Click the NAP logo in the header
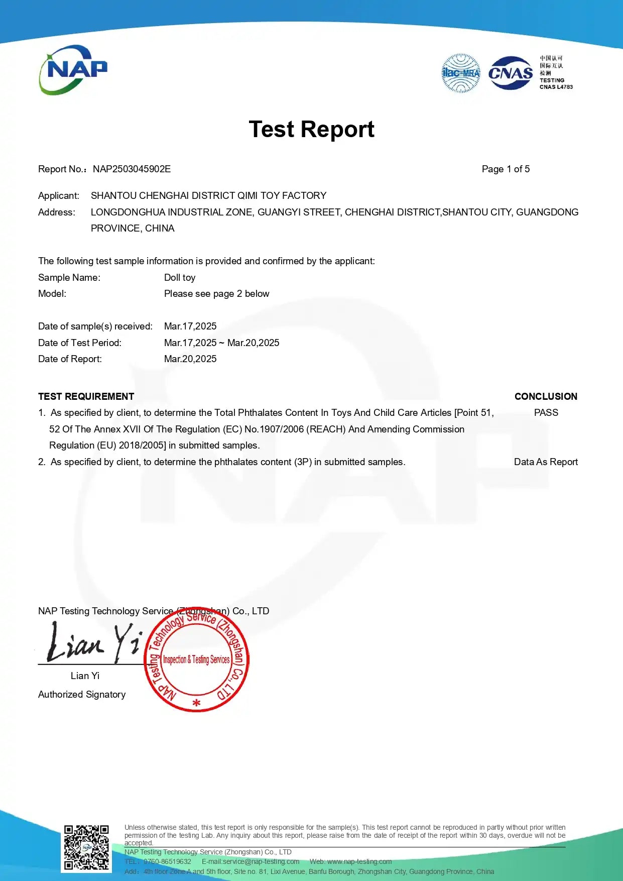[73, 70]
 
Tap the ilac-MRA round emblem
[460, 73]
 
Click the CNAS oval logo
[511, 73]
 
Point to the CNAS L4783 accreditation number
[556, 87]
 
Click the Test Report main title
[311, 130]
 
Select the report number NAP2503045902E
[132, 169]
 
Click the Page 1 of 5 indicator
[506, 169]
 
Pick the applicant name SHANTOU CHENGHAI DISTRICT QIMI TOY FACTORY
[208, 196]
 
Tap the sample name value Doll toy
[180, 278]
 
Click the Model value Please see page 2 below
[216, 294]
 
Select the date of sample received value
[190, 326]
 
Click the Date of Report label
[70, 359]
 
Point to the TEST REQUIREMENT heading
[86, 397]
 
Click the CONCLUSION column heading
[546, 397]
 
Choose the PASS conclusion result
[546, 413]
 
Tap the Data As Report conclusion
[546, 462]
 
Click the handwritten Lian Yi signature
[93, 643]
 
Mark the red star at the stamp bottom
[196, 703]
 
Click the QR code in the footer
[86, 847]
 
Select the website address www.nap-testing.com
[359, 861]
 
